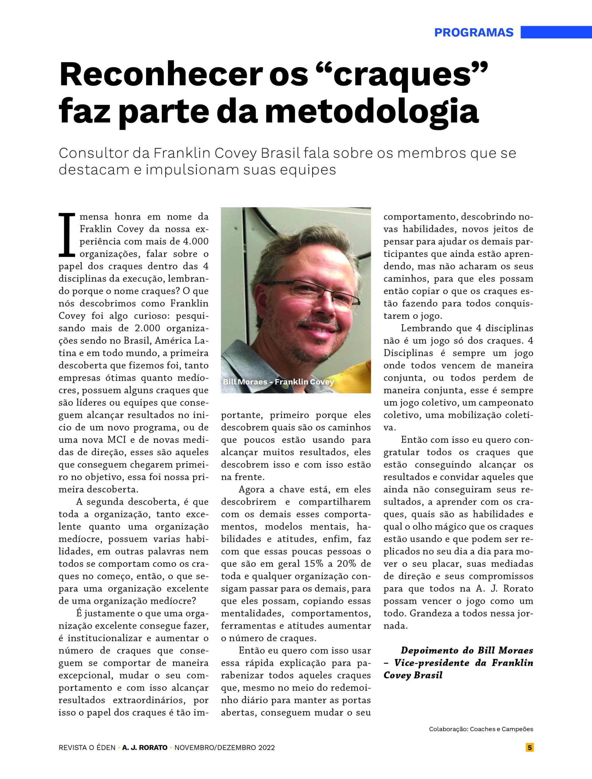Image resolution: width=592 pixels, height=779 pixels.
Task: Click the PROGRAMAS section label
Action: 474,32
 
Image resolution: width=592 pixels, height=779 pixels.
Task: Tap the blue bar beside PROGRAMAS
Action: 556,32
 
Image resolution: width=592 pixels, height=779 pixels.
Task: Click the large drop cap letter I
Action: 67,235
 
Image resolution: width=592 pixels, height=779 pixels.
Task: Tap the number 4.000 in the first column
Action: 196,242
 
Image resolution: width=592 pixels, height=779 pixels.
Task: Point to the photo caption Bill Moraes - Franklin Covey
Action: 278,382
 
